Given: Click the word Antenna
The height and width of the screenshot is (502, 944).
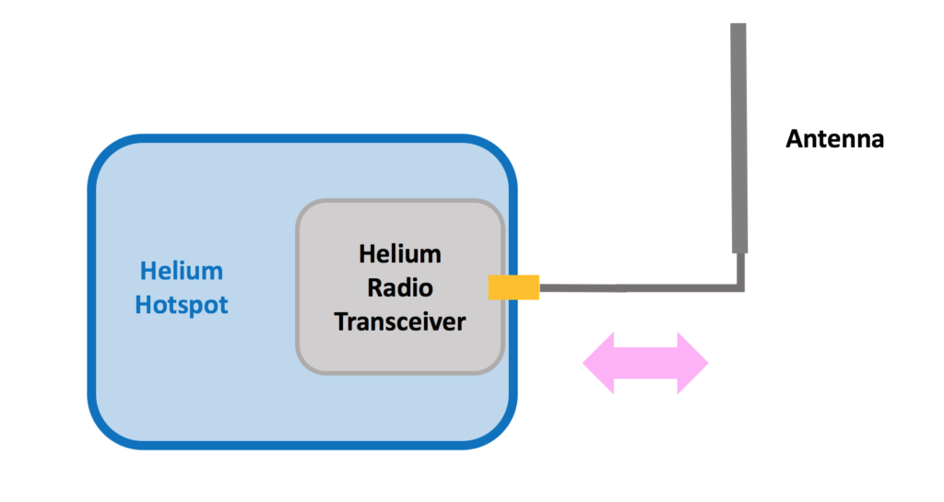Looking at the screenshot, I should (834, 140).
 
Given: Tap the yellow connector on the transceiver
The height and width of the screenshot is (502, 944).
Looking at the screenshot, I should (513, 287).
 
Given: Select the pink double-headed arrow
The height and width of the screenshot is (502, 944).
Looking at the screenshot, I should (645, 364).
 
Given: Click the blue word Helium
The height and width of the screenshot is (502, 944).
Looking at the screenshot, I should (182, 272).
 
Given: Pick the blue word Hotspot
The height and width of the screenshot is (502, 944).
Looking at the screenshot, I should (182, 305).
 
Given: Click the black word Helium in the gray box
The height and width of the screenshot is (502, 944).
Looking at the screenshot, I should (400, 253).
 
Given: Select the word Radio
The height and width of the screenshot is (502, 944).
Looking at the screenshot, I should (400, 287).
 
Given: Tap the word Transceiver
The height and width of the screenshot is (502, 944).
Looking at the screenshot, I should (400, 321).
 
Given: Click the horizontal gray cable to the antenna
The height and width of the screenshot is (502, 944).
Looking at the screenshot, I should (636, 288).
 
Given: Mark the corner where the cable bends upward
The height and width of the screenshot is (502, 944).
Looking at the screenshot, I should (739, 288).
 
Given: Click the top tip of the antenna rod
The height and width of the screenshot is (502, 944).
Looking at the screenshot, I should (738, 26).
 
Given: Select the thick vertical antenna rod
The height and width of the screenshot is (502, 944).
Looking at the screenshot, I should (738, 138).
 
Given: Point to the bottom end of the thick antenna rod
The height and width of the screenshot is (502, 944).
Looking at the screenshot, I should (738, 251).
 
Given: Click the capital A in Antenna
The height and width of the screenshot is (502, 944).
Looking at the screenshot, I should (793, 140).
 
